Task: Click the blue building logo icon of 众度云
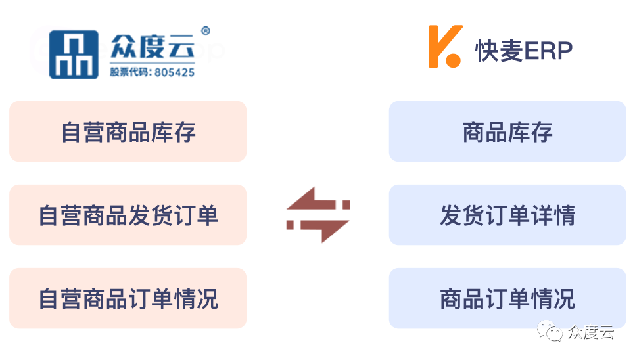point(74,55)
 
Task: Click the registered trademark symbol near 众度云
point(205,31)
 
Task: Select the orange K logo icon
point(445,47)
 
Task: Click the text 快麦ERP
point(524,51)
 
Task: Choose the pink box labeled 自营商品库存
point(128,131)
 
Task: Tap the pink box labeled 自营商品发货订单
point(128,215)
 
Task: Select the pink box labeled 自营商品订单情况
point(128,298)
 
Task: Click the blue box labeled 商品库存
point(507,131)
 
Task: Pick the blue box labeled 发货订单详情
point(507,215)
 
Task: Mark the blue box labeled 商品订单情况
point(507,298)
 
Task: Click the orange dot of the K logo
point(454,58)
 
